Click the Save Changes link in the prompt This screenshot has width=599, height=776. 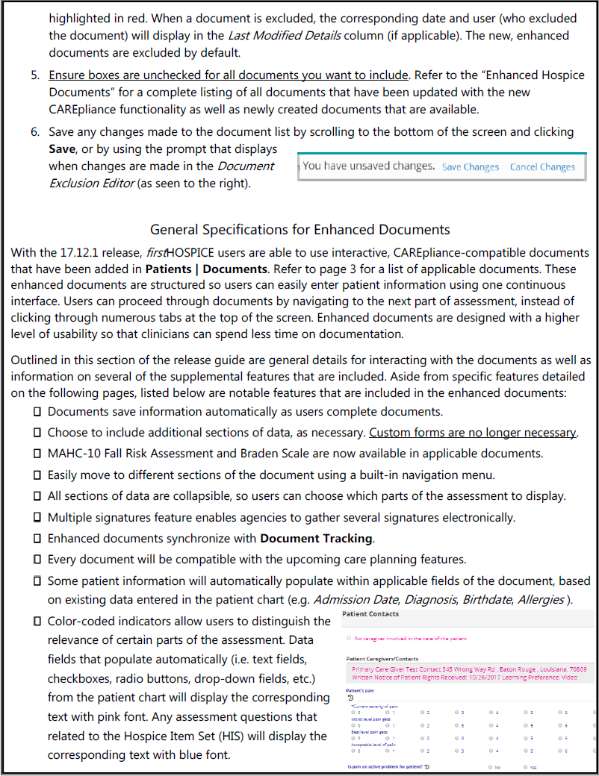pyautogui.click(x=470, y=167)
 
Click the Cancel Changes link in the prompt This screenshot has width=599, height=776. pyautogui.click(x=542, y=167)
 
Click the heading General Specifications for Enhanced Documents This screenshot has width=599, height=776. pyautogui.click(x=300, y=229)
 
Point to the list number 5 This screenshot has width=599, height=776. pyautogui.click(x=35, y=75)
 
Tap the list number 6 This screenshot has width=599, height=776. pyautogui.click(x=35, y=131)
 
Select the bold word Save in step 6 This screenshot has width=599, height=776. pyautogui.click(x=63, y=148)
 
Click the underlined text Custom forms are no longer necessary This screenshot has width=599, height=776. pyautogui.click(x=473, y=433)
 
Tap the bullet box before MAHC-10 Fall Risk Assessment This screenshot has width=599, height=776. pyautogui.click(x=37, y=454)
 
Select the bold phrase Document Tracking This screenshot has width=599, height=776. pyautogui.click(x=316, y=538)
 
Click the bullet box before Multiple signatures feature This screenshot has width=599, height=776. pyautogui.click(x=37, y=517)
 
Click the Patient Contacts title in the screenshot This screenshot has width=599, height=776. pyautogui.click(x=370, y=614)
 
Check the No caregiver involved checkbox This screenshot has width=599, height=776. pyautogui.click(x=348, y=639)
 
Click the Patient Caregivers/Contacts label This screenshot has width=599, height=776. pyautogui.click(x=382, y=660)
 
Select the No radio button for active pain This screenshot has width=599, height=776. pyautogui.click(x=491, y=767)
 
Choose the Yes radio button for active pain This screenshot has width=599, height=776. pyautogui.click(x=526, y=767)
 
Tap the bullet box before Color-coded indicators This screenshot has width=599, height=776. pyautogui.click(x=37, y=622)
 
